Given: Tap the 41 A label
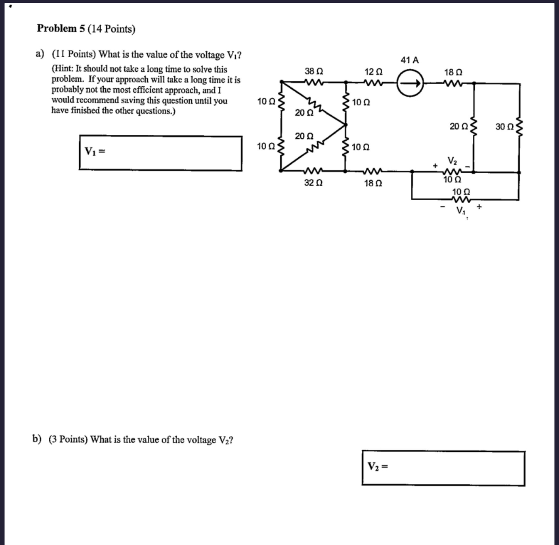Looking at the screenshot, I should [x=410, y=60].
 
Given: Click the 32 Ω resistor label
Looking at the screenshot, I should [x=313, y=183].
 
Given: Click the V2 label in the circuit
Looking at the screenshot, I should [x=452, y=162].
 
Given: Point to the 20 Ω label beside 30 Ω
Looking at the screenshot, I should [x=458, y=127].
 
